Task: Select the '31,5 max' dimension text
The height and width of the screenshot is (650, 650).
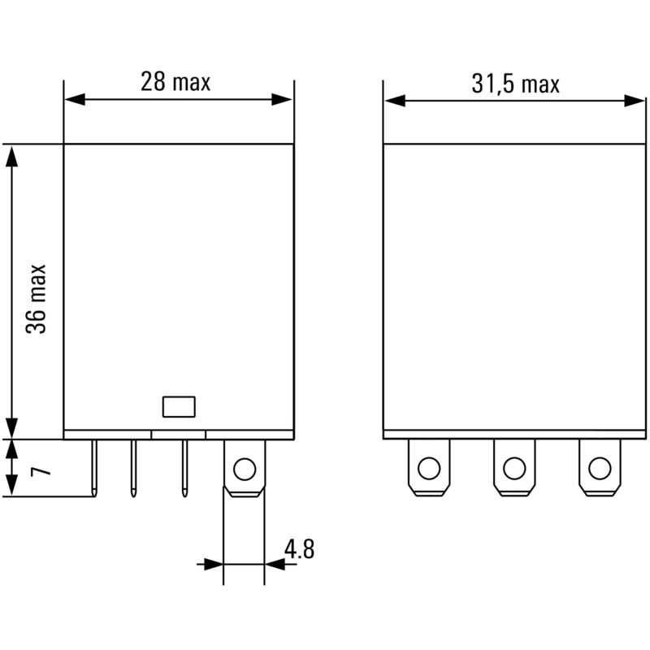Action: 515,84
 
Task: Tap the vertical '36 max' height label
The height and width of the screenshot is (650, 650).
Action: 36,298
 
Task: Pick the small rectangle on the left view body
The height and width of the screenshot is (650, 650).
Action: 179,406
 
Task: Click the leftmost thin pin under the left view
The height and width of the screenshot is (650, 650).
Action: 96,467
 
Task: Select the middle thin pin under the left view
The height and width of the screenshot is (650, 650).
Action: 132,467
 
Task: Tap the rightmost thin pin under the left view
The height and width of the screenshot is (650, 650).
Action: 185,467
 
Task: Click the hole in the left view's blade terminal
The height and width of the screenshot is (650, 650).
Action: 243,468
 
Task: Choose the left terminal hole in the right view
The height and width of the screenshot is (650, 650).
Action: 428,468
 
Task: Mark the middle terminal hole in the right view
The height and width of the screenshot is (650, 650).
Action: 513,468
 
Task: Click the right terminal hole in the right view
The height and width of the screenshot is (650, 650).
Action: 599,468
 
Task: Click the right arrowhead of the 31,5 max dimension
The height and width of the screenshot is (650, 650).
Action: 635,101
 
